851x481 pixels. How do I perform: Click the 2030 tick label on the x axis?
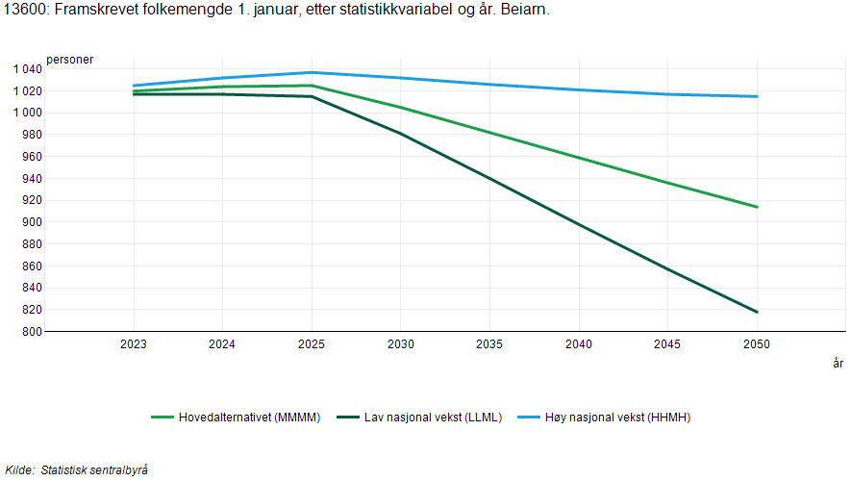pyautogui.click(x=401, y=344)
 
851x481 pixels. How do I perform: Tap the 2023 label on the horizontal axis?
pyautogui.click(x=134, y=344)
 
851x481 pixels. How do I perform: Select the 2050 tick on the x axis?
pyautogui.click(x=757, y=344)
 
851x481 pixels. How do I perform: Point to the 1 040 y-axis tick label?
pyautogui.click(x=27, y=69)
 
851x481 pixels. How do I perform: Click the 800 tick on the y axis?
pyautogui.click(x=33, y=332)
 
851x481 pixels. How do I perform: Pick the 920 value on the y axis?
pyautogui.click(x=33, y=200)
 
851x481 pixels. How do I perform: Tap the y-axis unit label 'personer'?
pyautogui.click(x=70, y=60)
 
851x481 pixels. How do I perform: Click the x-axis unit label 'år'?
pyautogui.click(x=838, y=364)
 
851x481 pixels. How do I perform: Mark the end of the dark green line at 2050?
pyautogui.click(x=758, y=312)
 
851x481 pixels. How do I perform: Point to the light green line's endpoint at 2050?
pyautogui.click(x=758, y=207)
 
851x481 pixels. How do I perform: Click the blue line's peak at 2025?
pyautogui.click(x=312, y=72)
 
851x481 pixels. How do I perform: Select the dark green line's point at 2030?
pyautogui.click(x=401, y=134)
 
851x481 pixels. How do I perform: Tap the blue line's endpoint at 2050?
pyautogui.click(x=758, y=96)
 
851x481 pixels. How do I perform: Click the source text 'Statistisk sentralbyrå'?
pyautogui.click(x=93, y=469)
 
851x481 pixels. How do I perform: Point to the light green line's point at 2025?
pyautogui.click(x=312, y=86)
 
